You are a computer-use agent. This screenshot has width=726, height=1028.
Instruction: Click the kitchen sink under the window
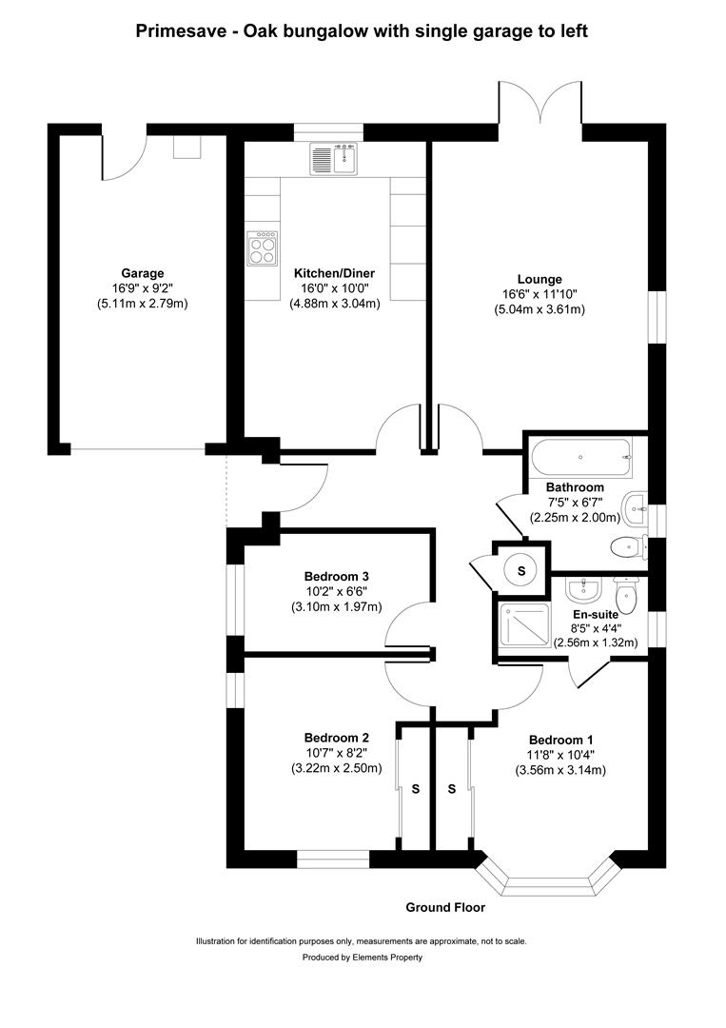click(332, 159)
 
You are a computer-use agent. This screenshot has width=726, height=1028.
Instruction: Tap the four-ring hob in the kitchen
click(262, 247)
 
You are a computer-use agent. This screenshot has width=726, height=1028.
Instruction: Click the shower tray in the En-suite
click(526, 628)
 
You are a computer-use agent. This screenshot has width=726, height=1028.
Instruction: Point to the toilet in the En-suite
click(626, 596)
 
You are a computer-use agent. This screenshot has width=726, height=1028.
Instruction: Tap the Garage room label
click(142, 273)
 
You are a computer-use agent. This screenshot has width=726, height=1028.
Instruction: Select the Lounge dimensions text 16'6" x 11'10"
click(539, 295)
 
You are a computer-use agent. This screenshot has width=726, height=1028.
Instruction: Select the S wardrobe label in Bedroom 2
click(415, 789)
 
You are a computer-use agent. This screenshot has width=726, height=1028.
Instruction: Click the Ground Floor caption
click(445, 907)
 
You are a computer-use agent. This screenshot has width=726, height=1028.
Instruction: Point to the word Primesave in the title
click(178, 31)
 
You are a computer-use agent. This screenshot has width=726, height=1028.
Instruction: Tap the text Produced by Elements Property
click(362, 958)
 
